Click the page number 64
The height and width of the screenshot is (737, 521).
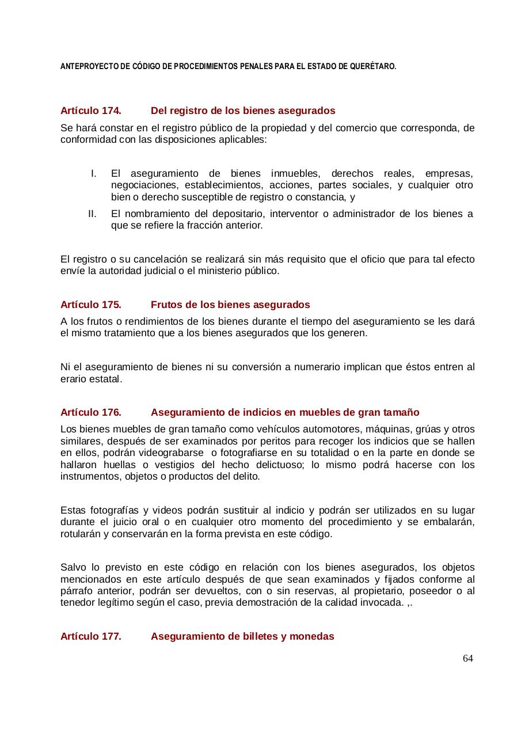(x=467, y=658)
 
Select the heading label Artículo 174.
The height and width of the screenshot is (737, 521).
(x=90, y=111)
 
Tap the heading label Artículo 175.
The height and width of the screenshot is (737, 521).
(x=90, y=305)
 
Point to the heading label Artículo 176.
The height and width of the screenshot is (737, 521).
(x=90, y=412)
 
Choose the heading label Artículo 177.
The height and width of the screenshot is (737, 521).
(x=90, y=636)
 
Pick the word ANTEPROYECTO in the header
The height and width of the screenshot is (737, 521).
(x=86, y=67)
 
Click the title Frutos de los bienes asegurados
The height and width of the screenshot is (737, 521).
(x=230, y=305)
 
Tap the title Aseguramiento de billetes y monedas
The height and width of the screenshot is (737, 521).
(x=242, y=636)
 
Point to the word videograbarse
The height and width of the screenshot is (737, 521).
(x=185, y=453)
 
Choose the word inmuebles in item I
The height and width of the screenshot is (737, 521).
(x=293, y=173)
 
